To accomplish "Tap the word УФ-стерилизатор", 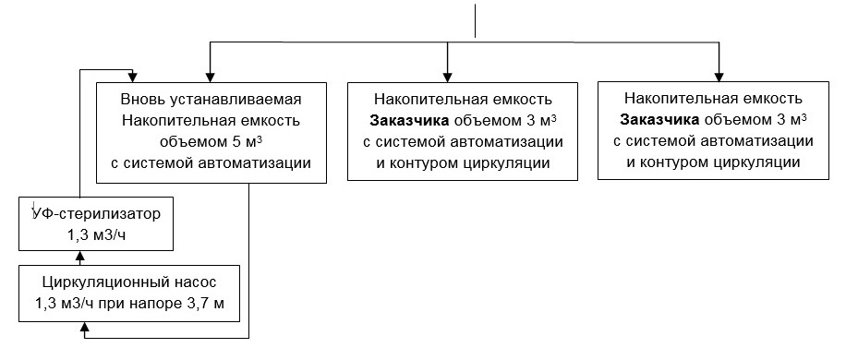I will pos(96,214).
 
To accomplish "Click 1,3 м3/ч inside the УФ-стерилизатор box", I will pos(96,235).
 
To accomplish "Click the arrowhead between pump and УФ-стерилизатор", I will pos(82,258).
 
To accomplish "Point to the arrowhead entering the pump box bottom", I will pos(86,328).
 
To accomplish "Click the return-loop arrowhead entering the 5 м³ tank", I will pos(135,76).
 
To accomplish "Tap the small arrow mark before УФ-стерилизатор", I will pos(34,205).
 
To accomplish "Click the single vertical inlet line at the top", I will pos(475,20).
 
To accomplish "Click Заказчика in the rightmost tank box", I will pos(660,121).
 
